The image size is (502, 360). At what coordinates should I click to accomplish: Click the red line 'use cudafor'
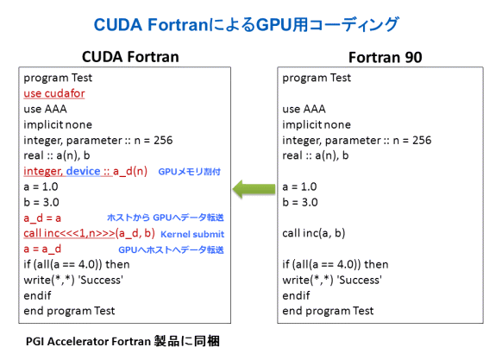[54, 93]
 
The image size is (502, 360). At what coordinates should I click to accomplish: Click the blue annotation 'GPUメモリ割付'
[190, 172]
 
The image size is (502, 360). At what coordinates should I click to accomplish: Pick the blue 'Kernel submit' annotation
[192, 235]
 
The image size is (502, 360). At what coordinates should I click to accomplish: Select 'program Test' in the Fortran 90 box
[317, 78]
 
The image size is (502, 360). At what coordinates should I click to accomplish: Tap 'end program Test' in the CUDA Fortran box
[69, 311]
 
